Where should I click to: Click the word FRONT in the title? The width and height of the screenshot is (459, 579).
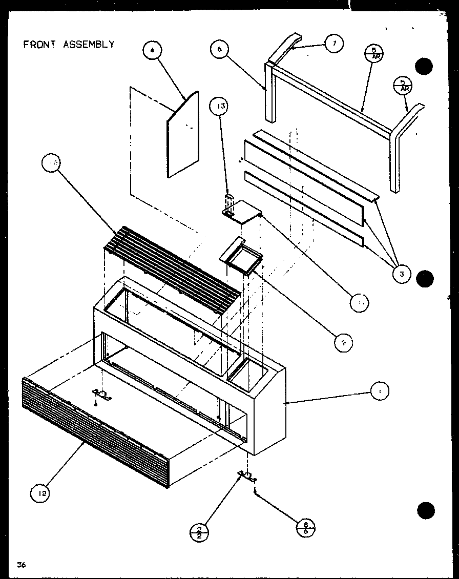click(39, 44)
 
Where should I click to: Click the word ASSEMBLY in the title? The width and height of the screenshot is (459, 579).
click(88, 44)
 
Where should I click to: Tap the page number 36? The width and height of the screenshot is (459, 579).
click(21, 565)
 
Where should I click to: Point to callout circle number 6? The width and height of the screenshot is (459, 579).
click(219, 49)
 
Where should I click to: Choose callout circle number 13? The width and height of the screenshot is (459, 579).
click(220, 106)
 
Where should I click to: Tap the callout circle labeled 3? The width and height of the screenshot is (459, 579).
click(402, 274)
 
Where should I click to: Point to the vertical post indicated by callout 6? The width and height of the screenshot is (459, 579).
click(270, 92)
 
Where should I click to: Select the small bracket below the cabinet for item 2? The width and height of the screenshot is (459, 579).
click(247, 477)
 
